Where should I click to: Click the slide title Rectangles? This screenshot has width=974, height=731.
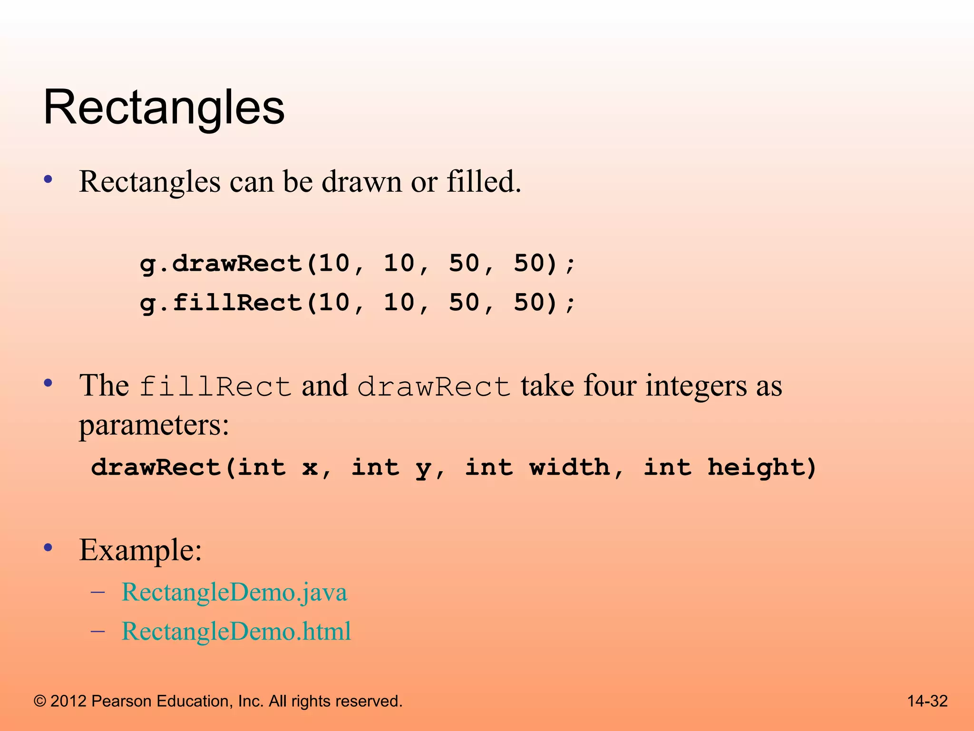point(164,109)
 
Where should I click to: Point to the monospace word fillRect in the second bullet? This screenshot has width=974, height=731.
point(215,386)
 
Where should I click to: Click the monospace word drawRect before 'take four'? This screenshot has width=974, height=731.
point(434,386)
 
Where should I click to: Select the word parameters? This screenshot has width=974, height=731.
point(154,425)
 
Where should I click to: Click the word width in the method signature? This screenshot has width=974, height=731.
point(570,467)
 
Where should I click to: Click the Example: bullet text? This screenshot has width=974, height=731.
point(141,551)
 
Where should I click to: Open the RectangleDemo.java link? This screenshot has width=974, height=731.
point(234,593)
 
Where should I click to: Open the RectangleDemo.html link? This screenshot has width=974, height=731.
point(236,632)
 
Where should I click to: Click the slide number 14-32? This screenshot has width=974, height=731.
point(927,701)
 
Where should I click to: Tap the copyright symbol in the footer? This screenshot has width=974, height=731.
point(40,701)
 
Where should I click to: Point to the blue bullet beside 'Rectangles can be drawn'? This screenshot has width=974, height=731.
point(48,180)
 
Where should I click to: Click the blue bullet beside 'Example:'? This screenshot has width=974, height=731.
point(48,548)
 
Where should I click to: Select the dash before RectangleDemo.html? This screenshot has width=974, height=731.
point(97,631)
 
